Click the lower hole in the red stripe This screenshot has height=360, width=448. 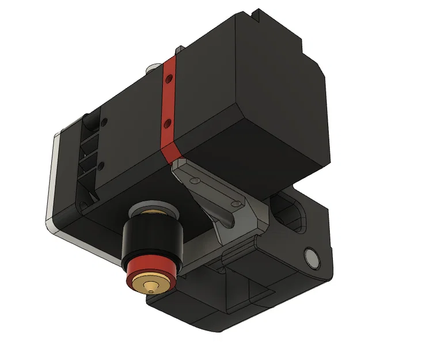pyautogui.click(x=167, y=122)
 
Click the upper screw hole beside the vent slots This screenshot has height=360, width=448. pyautogui.click(x=104, y=122)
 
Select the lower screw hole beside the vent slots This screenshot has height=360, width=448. pyautogui.click(x=101, y=166)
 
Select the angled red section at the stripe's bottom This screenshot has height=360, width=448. pyautogui.click(x=171, y=153)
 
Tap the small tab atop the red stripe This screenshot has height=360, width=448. pyautogui.click(x=179, y=50)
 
